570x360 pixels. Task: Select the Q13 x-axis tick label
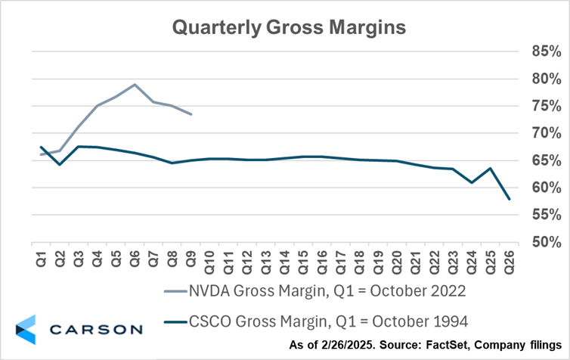tap(265, 258)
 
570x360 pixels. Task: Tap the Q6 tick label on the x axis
tap(134, 256)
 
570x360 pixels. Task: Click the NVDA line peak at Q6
tap(135, 85)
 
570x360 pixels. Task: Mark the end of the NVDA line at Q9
tap(191, 114)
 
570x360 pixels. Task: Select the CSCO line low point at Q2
tap(59, 164)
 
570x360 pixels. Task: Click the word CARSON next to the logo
tap(96, 329)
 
